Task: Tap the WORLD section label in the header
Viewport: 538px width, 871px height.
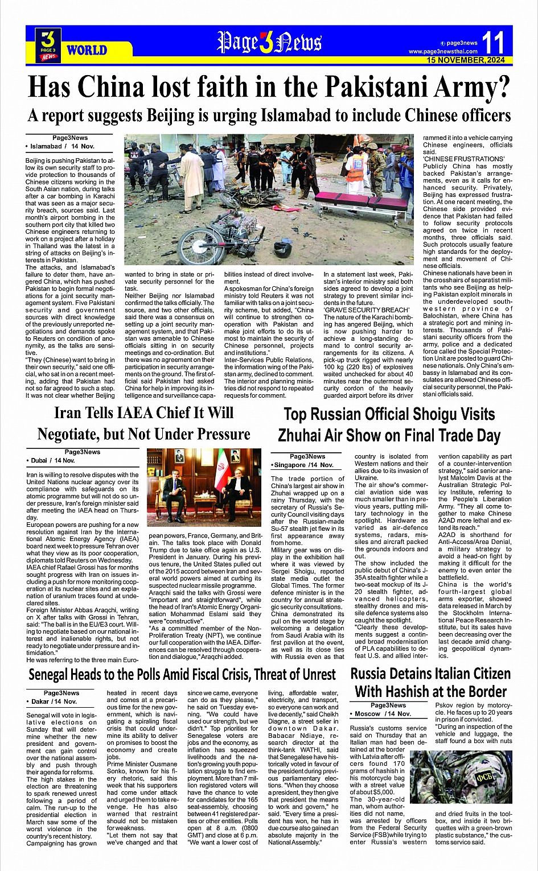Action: coord(87,50)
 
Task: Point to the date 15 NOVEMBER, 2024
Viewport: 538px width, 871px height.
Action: coord(466,60)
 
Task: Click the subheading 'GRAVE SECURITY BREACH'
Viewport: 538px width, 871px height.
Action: coord(366,310)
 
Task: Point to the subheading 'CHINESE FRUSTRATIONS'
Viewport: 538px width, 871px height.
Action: coord(463,159)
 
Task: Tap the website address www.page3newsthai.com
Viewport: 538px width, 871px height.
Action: coord(443,51)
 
